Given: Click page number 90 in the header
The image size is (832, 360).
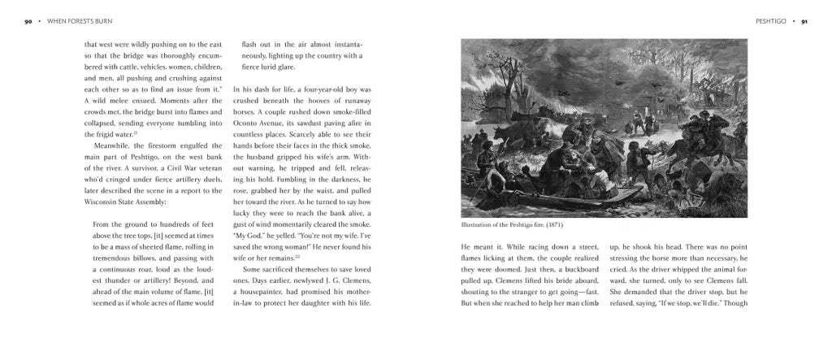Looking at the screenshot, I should (28, 21).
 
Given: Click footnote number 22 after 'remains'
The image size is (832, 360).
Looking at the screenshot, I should (297, 256).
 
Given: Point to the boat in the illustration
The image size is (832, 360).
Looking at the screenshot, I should (520, 195).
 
